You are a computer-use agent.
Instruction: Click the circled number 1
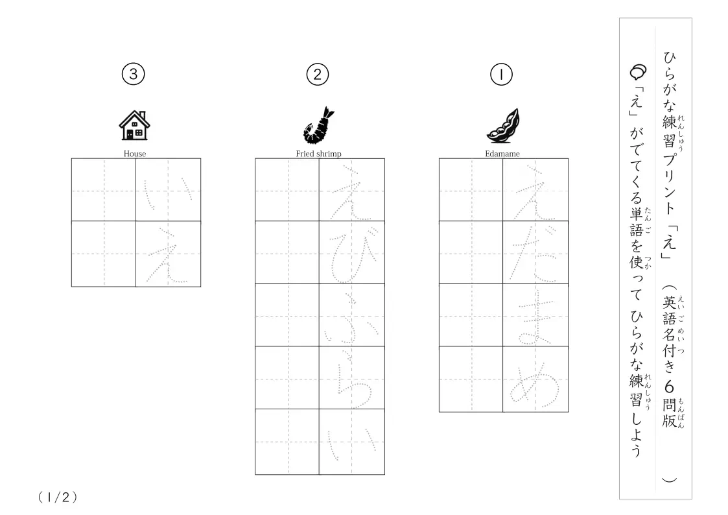(501, 75)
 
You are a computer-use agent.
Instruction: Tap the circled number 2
(318, 75)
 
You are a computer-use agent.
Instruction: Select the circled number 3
(134, 74)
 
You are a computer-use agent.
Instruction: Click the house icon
(135, 125)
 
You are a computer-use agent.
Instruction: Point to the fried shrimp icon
(318, 125)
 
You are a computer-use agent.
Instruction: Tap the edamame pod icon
(503, 125)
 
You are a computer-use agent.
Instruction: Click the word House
(135, 154)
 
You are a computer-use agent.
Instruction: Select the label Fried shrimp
(318, 154)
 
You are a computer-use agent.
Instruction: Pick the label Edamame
(502, 154)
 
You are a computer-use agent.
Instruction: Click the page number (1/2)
(58, 497)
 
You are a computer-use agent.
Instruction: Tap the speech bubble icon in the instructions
(638, 71)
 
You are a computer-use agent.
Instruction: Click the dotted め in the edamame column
(534, 385)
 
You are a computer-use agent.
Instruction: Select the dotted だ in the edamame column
(534, 253)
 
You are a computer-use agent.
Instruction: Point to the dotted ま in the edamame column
(536, 320)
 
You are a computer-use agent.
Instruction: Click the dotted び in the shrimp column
(351, 256)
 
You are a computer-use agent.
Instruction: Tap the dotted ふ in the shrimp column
(351, 318)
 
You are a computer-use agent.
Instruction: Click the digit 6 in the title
(669, 387)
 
